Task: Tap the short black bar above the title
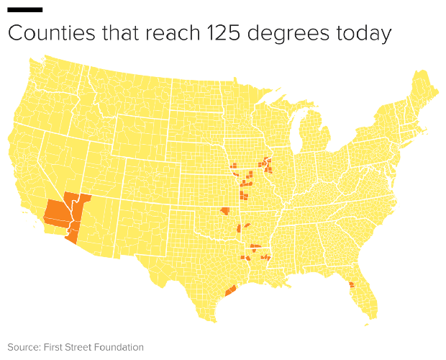24,9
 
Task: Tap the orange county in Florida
352,284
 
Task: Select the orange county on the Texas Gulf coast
231,291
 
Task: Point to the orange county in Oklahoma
225,211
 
